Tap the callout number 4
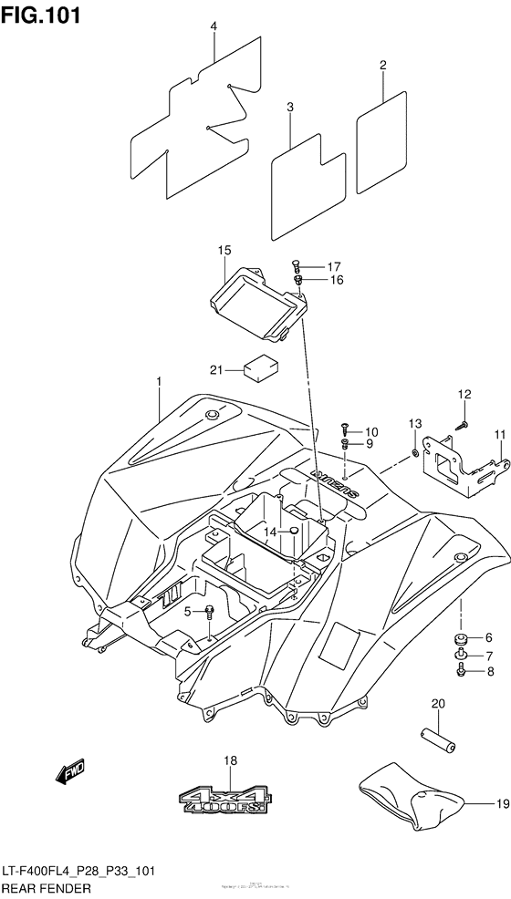214,27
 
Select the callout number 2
383,65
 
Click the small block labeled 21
258,368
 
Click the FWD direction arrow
70,774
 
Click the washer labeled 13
414,452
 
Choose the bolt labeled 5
211,612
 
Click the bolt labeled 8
462,672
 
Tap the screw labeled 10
346,427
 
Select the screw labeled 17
297,264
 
